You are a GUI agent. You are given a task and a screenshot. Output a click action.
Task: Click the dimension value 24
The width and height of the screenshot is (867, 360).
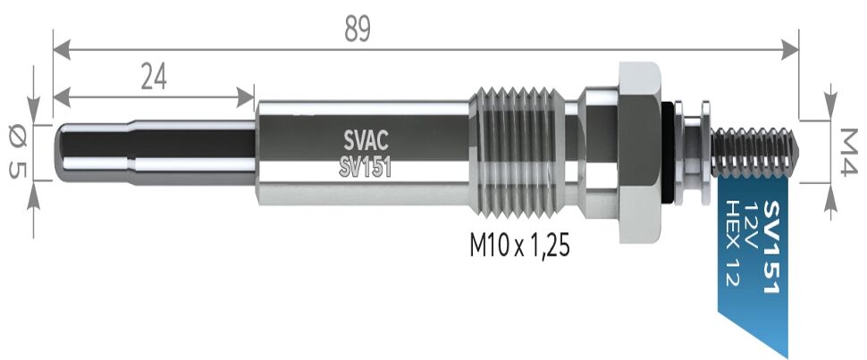point(155,77)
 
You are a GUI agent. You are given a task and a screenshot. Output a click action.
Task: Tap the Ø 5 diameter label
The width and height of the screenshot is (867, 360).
point(15,151)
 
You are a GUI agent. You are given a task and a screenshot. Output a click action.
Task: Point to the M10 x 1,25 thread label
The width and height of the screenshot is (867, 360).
point(519,245)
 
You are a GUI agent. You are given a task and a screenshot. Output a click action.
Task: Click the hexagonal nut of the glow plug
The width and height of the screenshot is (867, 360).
point(639,151)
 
